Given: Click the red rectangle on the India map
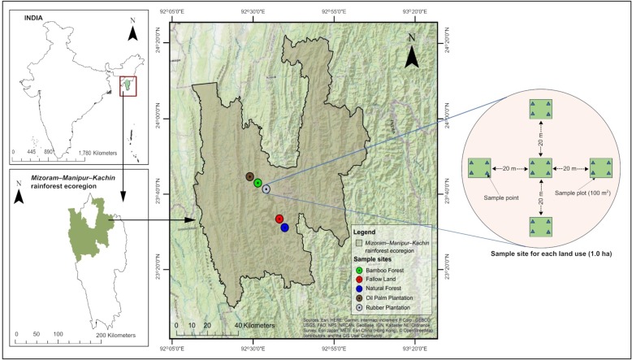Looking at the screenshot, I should point(128,85).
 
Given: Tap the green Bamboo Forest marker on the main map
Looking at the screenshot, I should point(258,183).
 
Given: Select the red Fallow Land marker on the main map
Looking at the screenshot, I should point(279,219).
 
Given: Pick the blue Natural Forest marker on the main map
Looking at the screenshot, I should point(285,228).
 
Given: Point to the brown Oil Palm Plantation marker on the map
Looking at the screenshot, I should point(249,176).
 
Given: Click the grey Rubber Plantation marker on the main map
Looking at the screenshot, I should point(266,189).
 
